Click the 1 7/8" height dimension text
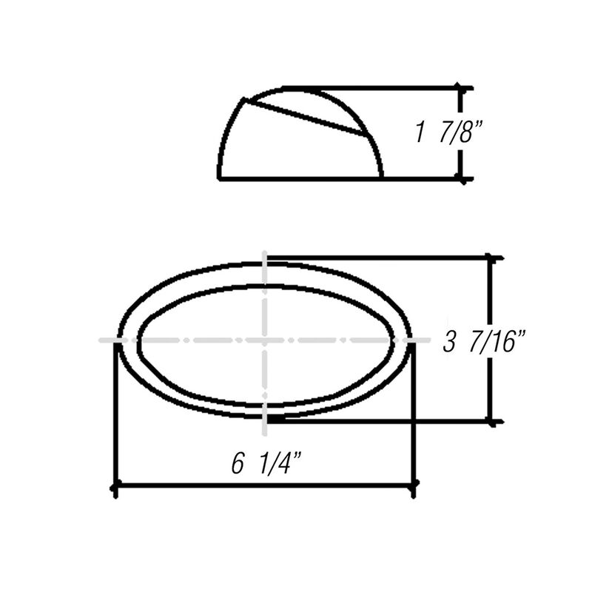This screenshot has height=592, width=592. (x=448, y=133)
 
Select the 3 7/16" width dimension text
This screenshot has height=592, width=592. (x=485, y=343)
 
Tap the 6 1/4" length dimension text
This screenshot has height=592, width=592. (x=266, y=464)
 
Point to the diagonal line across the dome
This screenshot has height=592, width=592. (x=307, y=116)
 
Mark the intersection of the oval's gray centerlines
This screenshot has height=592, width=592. (x=265, y=340)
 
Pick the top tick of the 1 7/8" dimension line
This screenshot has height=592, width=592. (x=462, y=87)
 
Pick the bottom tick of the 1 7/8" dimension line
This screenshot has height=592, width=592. (x=462, y=178)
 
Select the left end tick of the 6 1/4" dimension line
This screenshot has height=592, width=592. (x=115, y=486)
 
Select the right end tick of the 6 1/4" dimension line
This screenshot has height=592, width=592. (x=413, y=486)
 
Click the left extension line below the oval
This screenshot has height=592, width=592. (x=115, y=414)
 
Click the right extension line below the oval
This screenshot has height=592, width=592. (x=413, y=414)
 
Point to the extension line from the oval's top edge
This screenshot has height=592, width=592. (x=377, y=258)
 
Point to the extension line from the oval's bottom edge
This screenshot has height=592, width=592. (x=377, y=422)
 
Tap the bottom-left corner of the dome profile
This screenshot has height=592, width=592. (x=220, y=178)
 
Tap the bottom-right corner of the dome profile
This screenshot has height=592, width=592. (x=382, y=178)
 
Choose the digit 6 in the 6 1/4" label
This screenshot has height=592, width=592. (x=238, y=464)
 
